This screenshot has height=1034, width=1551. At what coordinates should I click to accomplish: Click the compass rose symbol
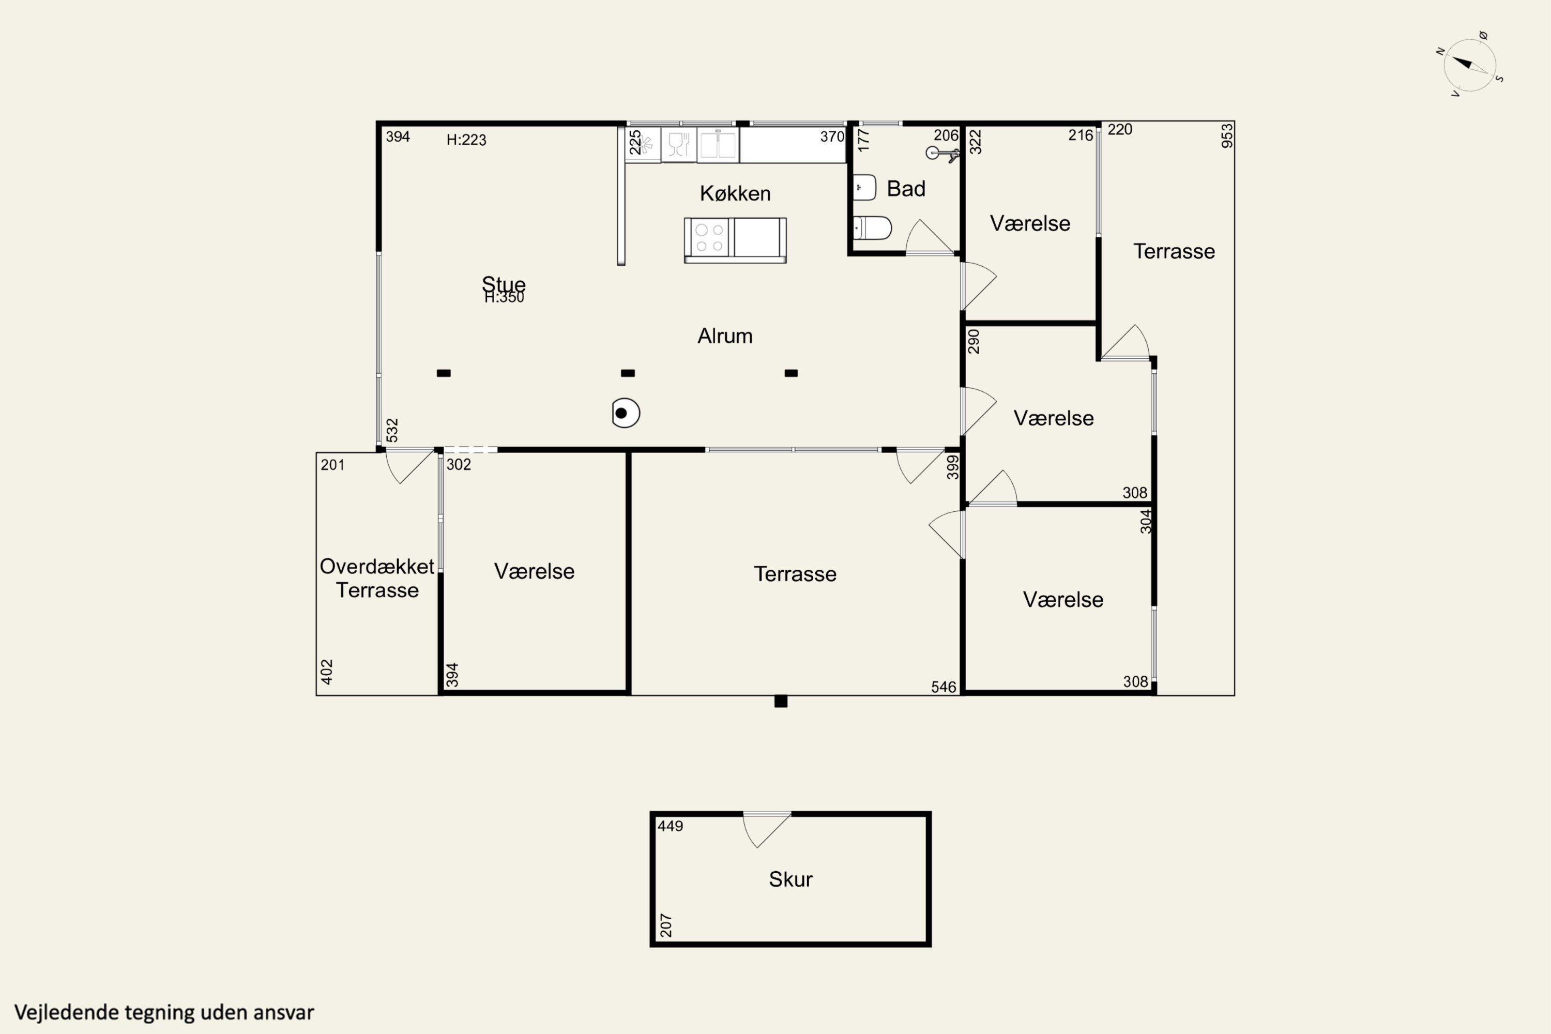(1470, 65)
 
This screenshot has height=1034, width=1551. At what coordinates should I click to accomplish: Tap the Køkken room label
(735, 193)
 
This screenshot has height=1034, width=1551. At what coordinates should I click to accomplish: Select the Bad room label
(906, 189)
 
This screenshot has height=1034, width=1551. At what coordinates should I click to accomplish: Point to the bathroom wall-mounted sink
(864, 187)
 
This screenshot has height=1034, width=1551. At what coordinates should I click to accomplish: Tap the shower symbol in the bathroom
(941, 154)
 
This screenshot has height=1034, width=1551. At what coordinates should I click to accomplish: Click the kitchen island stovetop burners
(709, 237)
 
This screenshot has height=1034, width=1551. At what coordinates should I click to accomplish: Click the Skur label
(790, 879)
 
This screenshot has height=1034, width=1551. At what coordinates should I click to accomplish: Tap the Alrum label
(725, 336)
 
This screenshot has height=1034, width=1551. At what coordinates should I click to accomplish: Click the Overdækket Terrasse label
(377, 577)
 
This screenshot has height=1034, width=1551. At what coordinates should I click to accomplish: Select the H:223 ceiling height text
(466, 140)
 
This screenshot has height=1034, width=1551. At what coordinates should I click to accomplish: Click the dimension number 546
(944, 687)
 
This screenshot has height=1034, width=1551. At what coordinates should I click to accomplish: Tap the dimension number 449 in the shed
(671, 826)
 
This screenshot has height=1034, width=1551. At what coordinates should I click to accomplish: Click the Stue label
(504, 283)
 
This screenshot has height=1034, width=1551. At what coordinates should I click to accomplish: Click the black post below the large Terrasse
(781, 702)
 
